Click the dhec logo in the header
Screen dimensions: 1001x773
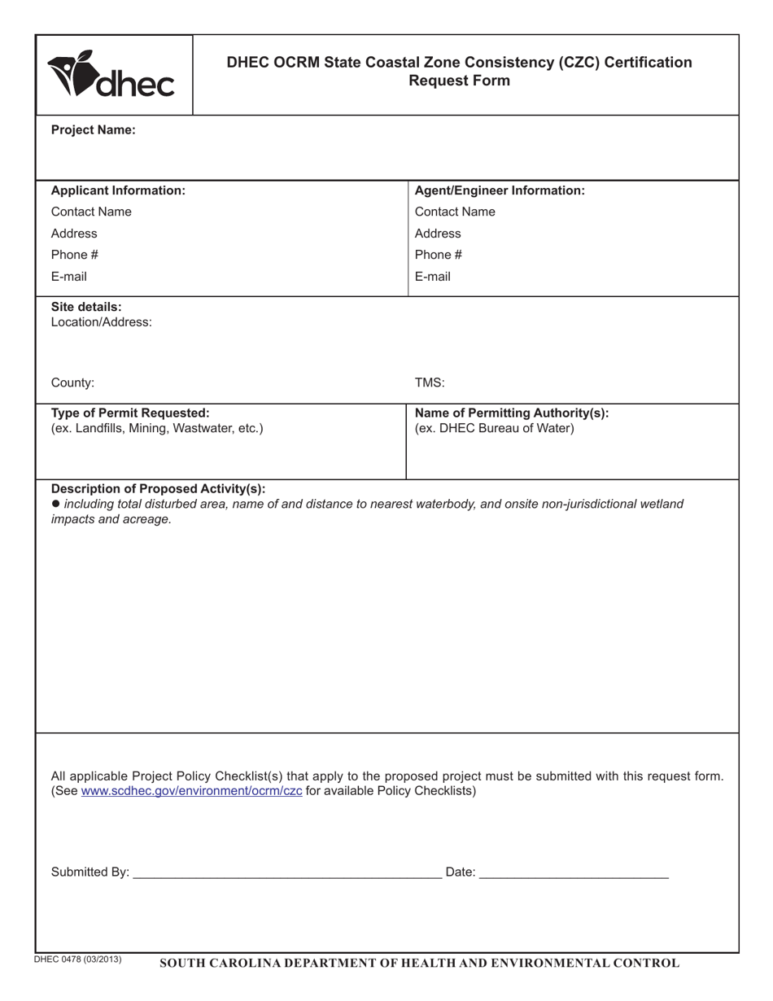pos(111,75)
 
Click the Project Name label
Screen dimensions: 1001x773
pos(94,129)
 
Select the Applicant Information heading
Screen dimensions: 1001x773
pos(118,190)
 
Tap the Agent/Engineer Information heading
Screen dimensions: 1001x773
pos(500,190)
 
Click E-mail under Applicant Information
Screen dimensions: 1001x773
pos(69,277)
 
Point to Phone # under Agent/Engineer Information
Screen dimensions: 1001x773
pos(439,255)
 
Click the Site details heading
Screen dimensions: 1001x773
pos(86,307)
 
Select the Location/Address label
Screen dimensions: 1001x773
pos(101,321)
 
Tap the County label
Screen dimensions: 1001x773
pos(72,382)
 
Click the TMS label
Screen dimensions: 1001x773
pos(430,382)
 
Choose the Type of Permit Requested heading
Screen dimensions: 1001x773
pos(130,413)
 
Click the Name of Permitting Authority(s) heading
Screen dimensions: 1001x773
pos(512,413)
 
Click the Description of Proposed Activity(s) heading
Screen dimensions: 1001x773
pos(158,489)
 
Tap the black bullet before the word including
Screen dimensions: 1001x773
pos(55,504)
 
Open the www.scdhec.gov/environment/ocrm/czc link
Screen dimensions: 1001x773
pos(192,791)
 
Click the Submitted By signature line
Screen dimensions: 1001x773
pos(286,872)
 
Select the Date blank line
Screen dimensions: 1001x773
pos(574,872)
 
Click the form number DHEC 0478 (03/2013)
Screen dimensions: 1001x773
pos(78,959)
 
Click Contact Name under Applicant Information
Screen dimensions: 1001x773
pos(91,212)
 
